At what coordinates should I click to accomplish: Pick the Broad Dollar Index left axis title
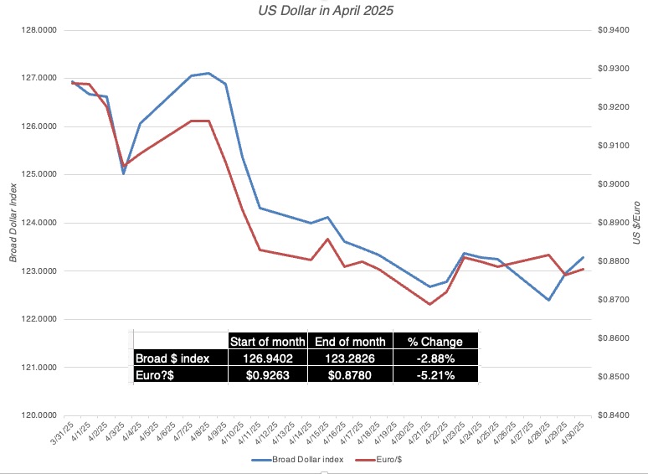tap(13, 223)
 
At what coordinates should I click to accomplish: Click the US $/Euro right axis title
tap(638, 223)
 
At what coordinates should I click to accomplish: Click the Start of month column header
tap(267, 342)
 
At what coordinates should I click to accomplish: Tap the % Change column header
tap(435, 342)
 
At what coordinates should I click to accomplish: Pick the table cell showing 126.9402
tap(267, 358)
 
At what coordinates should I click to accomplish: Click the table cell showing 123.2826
tap(350, 358)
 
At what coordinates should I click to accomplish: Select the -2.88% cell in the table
tap(435, 358)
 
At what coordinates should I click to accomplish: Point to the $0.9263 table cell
tap(267, 375)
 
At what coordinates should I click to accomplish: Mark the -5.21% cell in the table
tap(435, 375)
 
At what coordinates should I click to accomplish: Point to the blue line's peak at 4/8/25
tap(208, 73)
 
